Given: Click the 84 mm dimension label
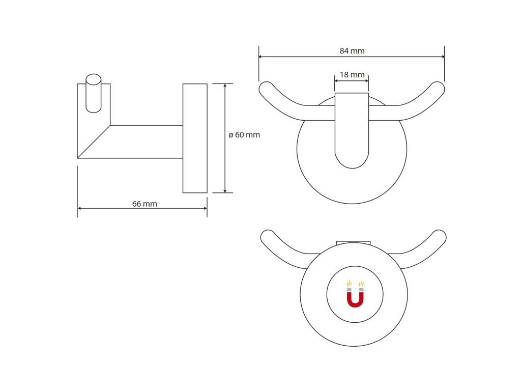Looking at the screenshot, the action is pos(352,51).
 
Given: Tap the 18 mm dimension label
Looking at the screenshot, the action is pos(352,75).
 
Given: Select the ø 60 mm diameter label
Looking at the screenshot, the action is pos(244,134).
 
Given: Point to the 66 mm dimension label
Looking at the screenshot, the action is pos(144,204).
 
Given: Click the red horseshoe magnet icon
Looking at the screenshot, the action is pos(355,294).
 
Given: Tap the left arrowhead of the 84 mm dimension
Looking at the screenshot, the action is pos(261,57).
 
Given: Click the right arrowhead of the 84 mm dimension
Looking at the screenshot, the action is pos(442,57).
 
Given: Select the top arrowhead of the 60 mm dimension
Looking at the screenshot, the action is pos(225,86).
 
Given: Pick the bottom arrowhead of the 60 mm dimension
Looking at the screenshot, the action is pos(225,190).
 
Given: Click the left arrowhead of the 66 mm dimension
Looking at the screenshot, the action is pos(80,208).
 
